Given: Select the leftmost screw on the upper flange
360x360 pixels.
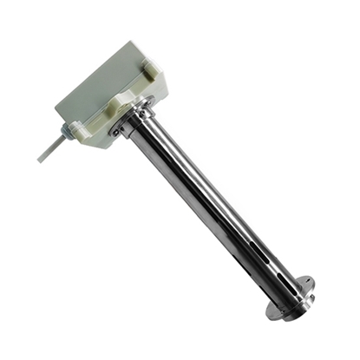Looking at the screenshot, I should point(115,132).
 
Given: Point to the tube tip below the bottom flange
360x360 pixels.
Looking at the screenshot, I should point(279,312).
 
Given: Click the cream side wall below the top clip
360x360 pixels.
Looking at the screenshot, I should point(160,87).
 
